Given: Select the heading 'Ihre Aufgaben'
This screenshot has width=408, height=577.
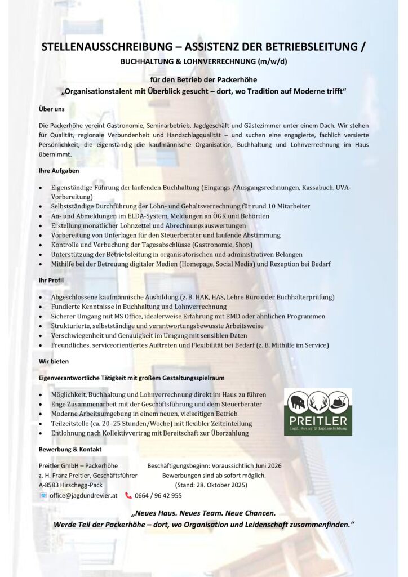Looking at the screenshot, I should [59, 170].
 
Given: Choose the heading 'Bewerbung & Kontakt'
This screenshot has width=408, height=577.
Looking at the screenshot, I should [70, 449].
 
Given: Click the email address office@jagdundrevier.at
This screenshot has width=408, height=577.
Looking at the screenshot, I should [83, 495].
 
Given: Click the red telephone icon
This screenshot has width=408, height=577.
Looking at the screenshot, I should [128, 495].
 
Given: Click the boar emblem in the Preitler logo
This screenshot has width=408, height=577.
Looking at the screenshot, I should [297, 402].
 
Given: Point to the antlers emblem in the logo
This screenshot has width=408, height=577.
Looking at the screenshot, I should [318, 402].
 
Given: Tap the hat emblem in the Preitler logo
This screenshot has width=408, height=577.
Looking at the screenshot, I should [339, 402].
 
